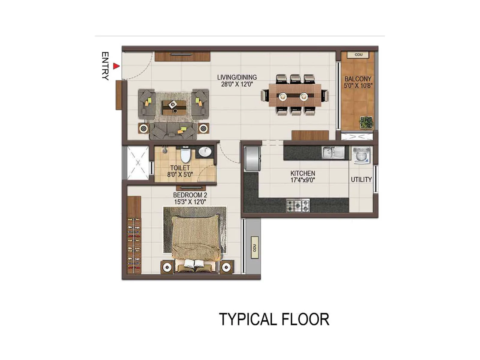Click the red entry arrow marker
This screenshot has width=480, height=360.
116,66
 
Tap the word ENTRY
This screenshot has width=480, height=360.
105,66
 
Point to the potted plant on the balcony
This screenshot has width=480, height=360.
366,122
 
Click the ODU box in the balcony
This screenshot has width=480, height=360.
358,55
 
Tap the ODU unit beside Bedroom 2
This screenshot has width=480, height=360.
254,247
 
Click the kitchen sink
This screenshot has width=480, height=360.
333,152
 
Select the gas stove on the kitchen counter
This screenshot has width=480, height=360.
297,205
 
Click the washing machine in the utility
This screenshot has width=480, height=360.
361,155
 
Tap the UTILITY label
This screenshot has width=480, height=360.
361,180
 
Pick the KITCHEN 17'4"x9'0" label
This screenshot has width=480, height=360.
303,177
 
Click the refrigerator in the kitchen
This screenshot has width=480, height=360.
252,159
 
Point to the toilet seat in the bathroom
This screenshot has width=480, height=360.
185,155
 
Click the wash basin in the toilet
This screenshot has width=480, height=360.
205,152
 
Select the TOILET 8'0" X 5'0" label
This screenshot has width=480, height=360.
180,171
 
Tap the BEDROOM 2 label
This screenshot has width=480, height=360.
190,198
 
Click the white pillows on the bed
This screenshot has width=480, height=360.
194,264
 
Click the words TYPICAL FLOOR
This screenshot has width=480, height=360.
274,319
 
